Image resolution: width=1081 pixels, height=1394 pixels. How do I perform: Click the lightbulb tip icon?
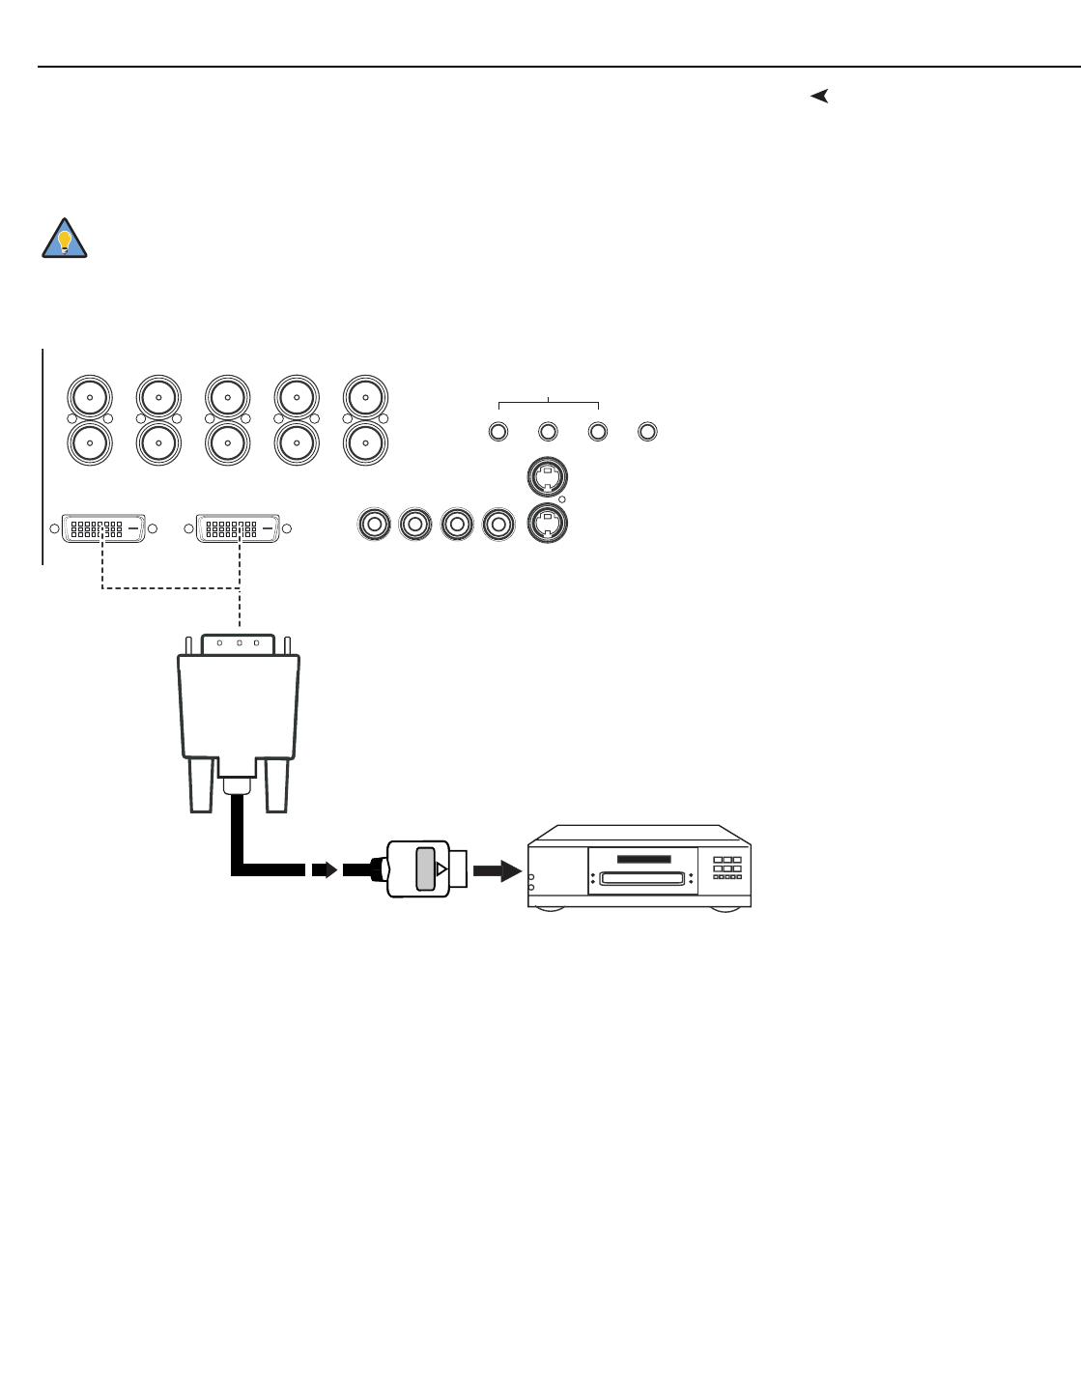point(65,239)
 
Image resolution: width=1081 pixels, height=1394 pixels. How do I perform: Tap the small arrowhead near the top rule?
point(819,96)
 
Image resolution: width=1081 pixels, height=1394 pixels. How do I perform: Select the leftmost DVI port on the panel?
point(104,528)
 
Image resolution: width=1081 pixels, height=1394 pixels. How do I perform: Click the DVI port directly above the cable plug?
point(239,528)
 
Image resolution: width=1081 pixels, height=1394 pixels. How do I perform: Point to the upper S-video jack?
point(548,475)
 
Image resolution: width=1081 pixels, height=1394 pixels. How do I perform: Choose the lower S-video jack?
point(548,523)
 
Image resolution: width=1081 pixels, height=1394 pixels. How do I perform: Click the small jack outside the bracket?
point(648,431)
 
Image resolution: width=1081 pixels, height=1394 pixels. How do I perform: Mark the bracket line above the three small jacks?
point(548,402)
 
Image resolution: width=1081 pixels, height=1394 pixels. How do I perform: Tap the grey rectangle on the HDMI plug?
point(425,868)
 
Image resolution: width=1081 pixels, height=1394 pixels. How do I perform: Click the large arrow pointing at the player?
point(498,869)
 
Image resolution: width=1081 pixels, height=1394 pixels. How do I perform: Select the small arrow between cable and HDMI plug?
point(324,869)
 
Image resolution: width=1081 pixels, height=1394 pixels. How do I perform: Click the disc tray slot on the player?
point(642,878)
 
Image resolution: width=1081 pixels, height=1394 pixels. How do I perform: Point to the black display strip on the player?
point(643,859)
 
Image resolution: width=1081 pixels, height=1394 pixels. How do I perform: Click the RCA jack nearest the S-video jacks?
point(498,525)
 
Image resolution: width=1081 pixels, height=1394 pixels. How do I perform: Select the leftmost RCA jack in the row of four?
point(373,525)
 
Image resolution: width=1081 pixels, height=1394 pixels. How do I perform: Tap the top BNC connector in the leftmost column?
point(90,396)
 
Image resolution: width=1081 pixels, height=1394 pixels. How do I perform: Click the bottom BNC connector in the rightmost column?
point(365,443)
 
